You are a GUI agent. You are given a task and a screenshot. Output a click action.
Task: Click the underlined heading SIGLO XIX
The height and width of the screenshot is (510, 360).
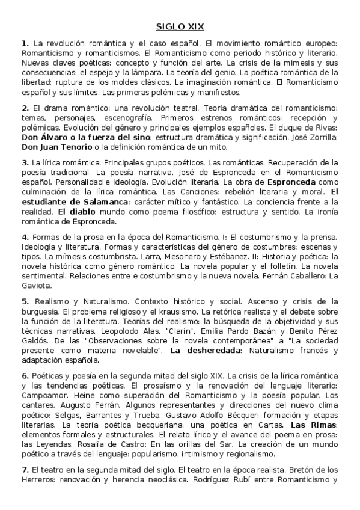tap(180, 27)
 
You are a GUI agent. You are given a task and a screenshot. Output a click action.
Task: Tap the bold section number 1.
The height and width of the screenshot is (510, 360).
tap(25, 44)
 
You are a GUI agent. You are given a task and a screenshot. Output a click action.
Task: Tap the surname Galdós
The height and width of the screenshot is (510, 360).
tap(34, 342)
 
